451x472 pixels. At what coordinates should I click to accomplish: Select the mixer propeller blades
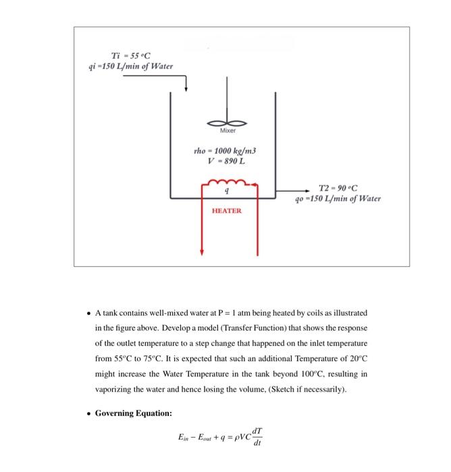click(x=228, y=123)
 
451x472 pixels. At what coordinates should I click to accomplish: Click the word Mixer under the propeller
click(x=228, y=133)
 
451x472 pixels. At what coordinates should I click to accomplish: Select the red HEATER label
click(x=226, y=210)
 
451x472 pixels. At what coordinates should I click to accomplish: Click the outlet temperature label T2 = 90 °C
click(x=338, y=187)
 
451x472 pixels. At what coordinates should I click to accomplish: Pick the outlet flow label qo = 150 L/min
click(x=338, y=198)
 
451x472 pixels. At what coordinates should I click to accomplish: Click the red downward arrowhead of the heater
click(x=201, y=252)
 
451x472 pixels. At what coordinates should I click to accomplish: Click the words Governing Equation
click(x=134, y=413)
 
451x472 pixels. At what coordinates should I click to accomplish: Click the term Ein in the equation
click(x=185, y=438)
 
